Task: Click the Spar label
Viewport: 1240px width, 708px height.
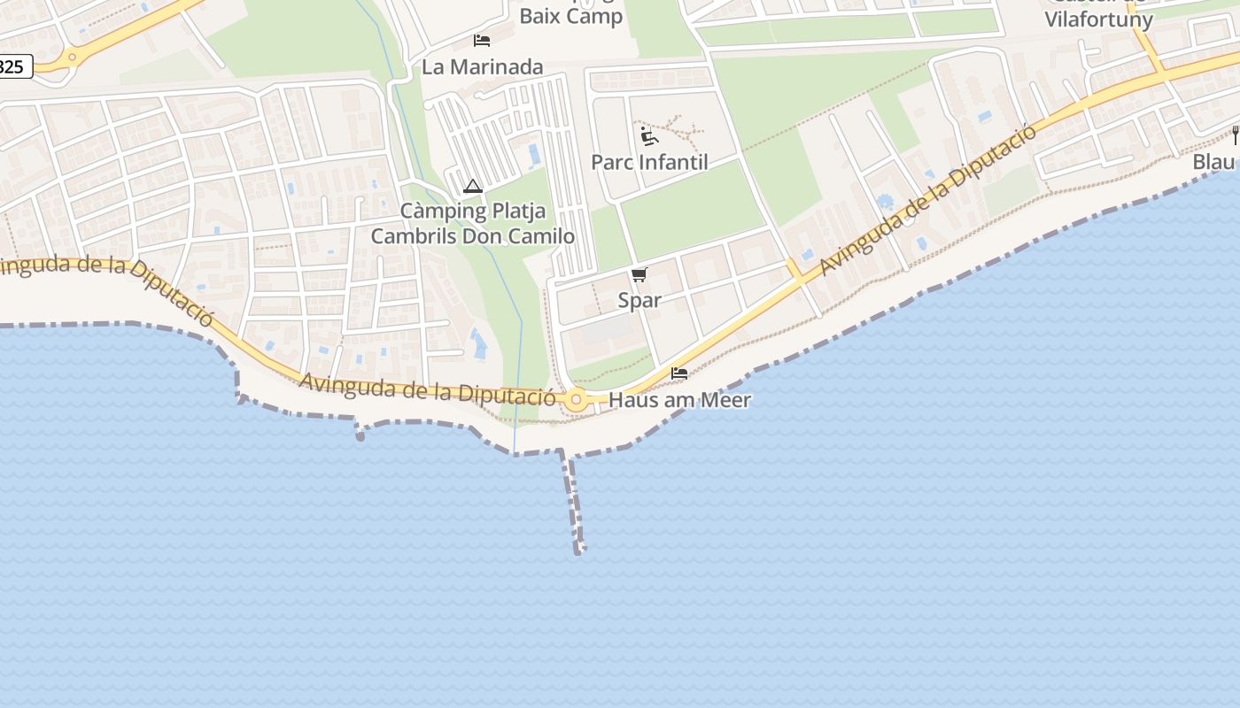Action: click(x=639, y=300)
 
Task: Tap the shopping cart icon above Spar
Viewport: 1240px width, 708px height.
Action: click(x=639, y=275)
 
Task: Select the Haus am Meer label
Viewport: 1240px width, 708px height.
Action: click(x=692, y=400)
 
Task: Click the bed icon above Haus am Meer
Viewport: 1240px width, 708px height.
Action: click(x=679, y=373)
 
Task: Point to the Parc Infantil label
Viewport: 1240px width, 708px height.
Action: click(x=649, y=163)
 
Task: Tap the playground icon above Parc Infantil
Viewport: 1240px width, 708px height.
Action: click(x=649, y=136)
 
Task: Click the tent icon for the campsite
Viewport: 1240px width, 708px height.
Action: click(x=472, y=187)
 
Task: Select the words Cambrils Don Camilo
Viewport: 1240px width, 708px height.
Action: click(x=472, y=236)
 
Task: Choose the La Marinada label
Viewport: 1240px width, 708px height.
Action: click(x=482, y=66)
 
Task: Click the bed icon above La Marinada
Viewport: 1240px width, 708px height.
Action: click(x=482, y=41)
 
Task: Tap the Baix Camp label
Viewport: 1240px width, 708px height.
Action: click(x=570, y=16)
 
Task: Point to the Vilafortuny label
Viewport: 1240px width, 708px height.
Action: click(x=1098, y=19)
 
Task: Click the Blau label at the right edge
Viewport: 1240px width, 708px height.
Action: click(x=1214, y=162)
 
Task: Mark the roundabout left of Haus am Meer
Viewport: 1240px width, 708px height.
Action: click(x=577, y=400)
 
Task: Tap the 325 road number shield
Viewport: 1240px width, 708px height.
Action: click(x=12, y=66)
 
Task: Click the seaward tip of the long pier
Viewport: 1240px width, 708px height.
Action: click(x=578, y=550)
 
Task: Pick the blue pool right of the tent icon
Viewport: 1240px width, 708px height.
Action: click(x=534, y=156)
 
